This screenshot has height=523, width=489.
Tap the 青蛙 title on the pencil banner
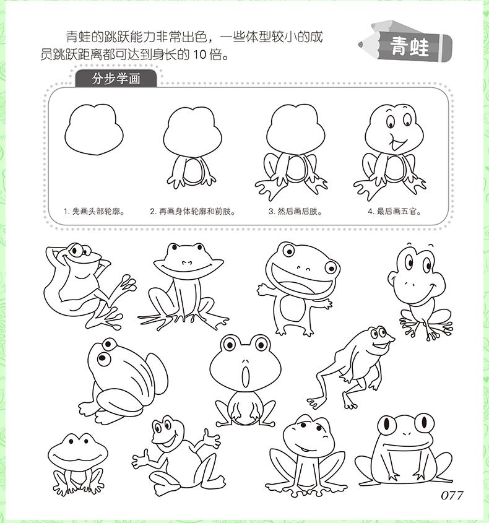(x=409, y=46)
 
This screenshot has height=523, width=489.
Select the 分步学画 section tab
(x=116, y=79)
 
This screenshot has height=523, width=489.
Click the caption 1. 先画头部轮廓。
(x=95, y=211)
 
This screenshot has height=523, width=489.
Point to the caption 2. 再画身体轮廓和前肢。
(x=193, y=211)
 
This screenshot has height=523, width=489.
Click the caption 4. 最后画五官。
(x=394, y=211)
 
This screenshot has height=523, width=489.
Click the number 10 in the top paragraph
(x=201, y=54)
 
